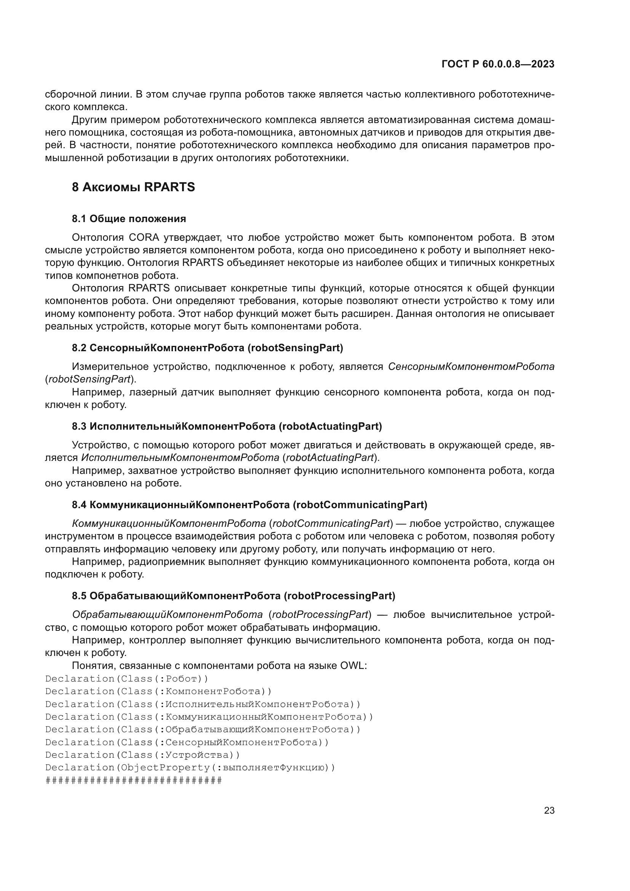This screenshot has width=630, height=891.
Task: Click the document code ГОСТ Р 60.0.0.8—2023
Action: [x=498, y=64]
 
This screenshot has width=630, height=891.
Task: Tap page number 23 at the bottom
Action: [x=549, y=810]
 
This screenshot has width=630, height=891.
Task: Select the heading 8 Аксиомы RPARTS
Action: [x=133, y=187]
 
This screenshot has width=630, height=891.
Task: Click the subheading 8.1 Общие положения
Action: [x=129, y=219]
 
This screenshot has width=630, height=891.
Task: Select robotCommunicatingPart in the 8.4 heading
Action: [x=360, y=504]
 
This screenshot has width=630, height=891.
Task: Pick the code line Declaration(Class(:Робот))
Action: [x=127, y=679]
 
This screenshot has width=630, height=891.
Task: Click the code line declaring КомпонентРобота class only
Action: [x=159, y=691]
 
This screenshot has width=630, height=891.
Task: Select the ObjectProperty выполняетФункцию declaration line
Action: [x=190, y=768]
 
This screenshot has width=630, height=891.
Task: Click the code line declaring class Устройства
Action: [x=143, y=755]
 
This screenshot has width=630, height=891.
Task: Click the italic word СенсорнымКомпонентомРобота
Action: [x=471, y=367]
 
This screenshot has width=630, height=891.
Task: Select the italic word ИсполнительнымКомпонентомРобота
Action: [x=180, y=458]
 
